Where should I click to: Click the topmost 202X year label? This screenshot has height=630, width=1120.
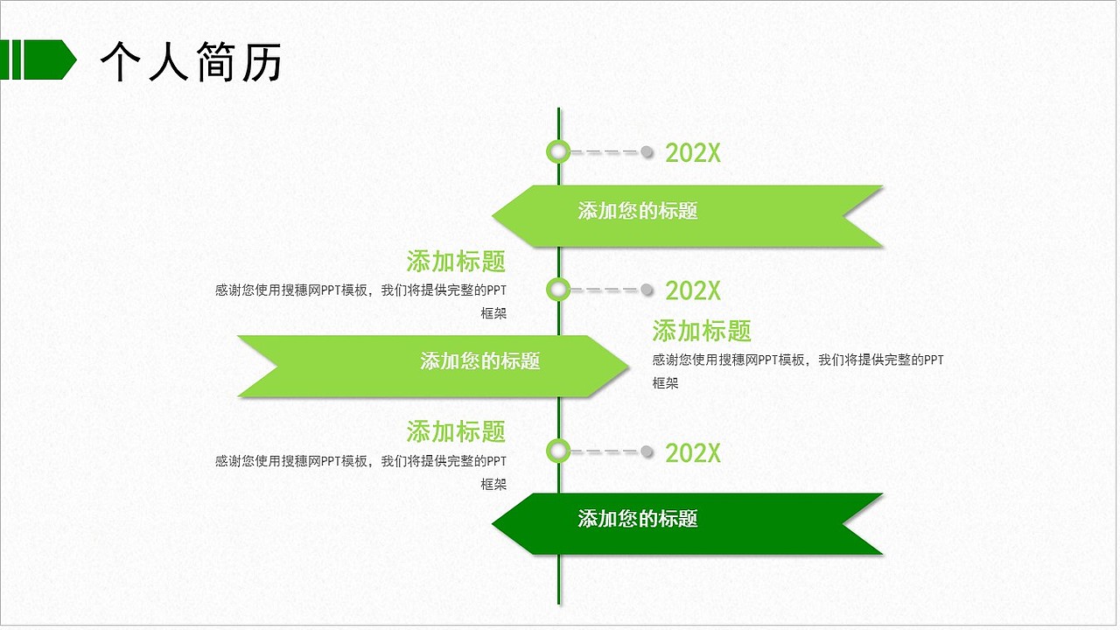coord(693,153)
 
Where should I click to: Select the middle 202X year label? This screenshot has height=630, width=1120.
coord(693,290)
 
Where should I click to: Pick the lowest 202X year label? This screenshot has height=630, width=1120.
coord(693,453)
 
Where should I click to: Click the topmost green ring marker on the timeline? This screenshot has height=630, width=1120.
coord(558,151)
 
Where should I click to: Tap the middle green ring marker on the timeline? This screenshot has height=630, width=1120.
coord(558,289)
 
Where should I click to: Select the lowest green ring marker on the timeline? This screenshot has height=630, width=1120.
coord(558,451)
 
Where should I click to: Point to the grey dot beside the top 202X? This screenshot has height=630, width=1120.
coord(647,152)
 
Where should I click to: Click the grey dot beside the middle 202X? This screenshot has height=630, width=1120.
coord(647,290)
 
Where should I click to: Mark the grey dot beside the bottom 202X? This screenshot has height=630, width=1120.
coord(647,451)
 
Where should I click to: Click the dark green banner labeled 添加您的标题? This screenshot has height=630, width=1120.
coord(687,523)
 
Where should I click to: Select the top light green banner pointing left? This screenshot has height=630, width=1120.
coord(687,216)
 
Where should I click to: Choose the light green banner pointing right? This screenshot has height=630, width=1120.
coord(433,366)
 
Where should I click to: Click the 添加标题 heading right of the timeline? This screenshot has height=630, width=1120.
coord(702,331)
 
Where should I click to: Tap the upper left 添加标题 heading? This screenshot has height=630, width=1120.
coord(456,261)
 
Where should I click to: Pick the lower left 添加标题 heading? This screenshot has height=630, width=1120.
coord(456,431)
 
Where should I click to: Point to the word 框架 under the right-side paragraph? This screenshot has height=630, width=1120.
coord(665,383)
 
